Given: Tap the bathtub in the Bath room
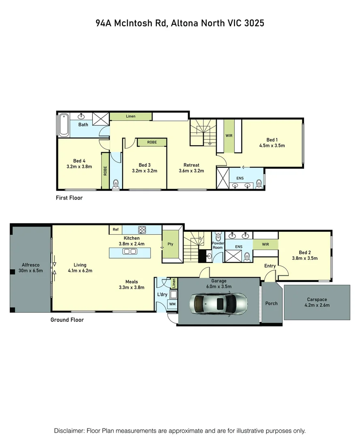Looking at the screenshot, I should tap(64, 125).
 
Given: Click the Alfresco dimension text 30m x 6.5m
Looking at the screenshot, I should tap(30, 271).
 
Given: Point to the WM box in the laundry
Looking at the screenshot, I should tap(172, 304).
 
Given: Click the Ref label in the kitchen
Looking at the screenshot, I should tap(115, 230).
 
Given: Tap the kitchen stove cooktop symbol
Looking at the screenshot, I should tap(142, 230).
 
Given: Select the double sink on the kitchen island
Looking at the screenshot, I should tap(130, 252).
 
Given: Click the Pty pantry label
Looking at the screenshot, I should tap(170, 244).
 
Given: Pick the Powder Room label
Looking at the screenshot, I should tap(218, 245).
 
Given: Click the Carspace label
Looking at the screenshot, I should tap(317, 300).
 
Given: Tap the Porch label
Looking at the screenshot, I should tap(271, 303).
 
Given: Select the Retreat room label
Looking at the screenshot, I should tap(191, 165).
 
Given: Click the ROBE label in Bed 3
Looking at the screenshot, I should tap(152, 142).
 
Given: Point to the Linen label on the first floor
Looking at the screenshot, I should tap(130, 117).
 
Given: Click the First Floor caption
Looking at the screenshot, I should tap(69, 198).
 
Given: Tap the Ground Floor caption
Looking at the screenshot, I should tap(67, 320).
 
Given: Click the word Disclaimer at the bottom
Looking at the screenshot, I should tap(70, 431).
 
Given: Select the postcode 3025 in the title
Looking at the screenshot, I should tap(254, 23).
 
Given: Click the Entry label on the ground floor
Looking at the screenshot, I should tap(270, 266).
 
